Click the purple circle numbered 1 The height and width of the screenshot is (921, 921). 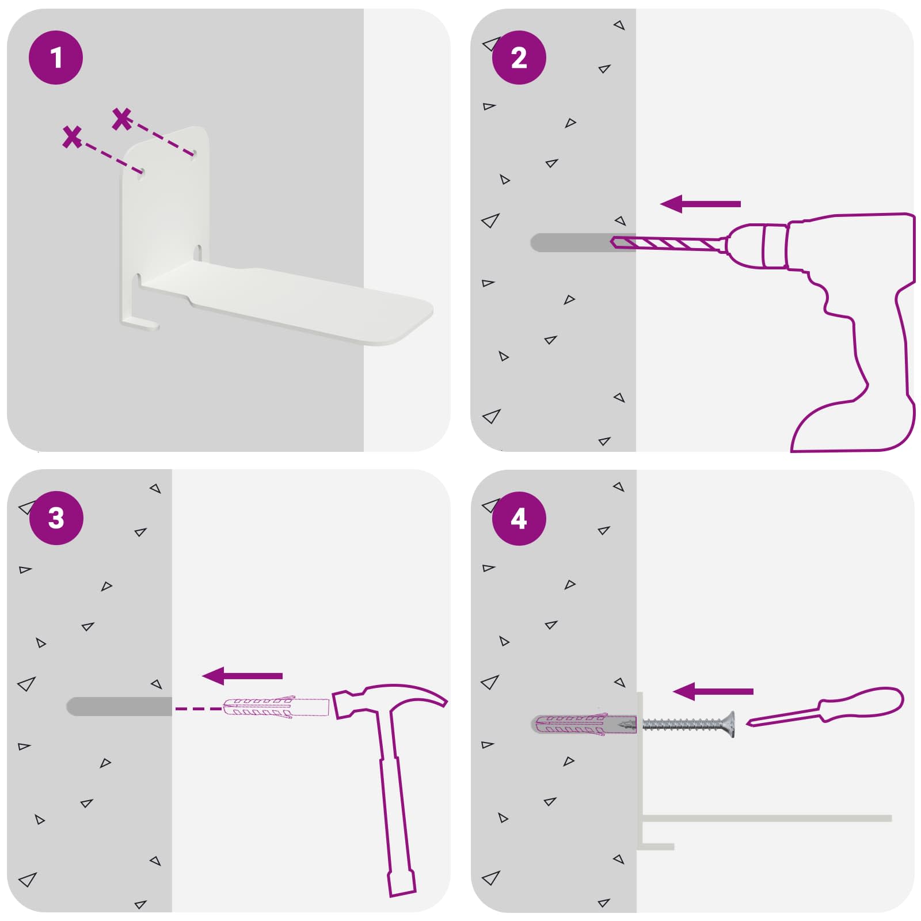pos(56,58)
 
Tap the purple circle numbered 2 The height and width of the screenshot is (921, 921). pos(519,58)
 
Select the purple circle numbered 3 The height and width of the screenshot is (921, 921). pos(56,518)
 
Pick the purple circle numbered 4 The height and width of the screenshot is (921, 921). pos(519,518)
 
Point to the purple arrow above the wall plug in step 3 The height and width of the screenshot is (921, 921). pos(242,676)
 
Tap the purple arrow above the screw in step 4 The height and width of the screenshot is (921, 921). pos(713,691)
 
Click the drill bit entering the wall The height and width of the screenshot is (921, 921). pos(668,243)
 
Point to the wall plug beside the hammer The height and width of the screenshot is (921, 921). pos(276,707)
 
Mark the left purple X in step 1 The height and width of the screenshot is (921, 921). pos(72,137)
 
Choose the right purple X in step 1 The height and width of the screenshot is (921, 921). pos(122,119)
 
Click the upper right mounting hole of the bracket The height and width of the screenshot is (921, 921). pos(195,154)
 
